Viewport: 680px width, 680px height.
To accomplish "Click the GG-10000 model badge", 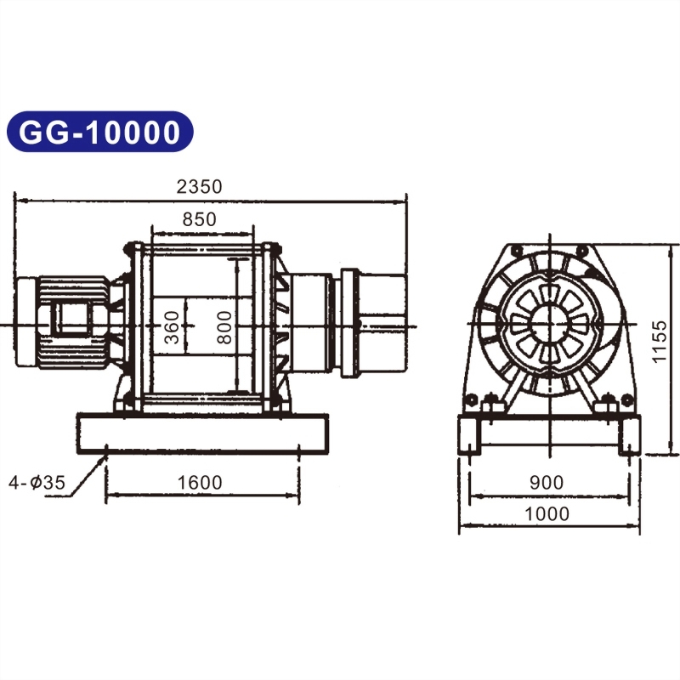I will click(x=100, y=133).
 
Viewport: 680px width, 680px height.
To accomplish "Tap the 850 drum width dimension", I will click(x=200, y=218).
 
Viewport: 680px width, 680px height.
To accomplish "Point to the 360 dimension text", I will click(x=173, y=327).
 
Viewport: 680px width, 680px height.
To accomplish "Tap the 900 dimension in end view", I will click(x=546, y=483).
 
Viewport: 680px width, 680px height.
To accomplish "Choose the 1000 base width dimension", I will click(x=546, y=513).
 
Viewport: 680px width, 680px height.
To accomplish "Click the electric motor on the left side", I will click(x=64, y=323).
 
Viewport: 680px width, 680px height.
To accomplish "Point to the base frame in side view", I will click(x=201, y=433).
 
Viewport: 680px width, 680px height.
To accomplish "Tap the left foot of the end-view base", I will click(x=471, y=438).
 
